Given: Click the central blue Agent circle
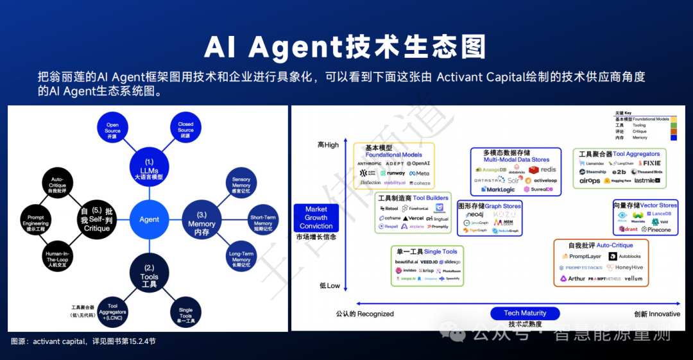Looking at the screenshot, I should [149, 219].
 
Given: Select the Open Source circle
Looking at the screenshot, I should [112, 130].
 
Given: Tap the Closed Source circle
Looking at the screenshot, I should [185, 130].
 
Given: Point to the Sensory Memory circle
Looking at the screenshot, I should [241, 186].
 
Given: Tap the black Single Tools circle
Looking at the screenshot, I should [185, 313].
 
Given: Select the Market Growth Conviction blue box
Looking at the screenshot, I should [316, 218].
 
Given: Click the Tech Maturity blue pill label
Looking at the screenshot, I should [525, 313].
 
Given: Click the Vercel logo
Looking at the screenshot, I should [412, 218].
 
